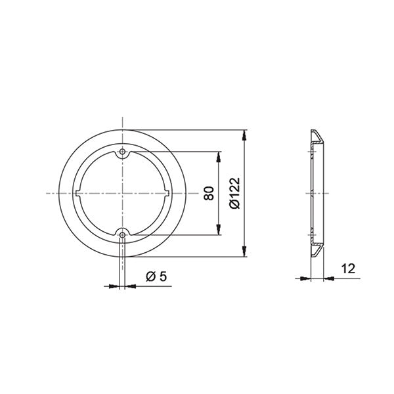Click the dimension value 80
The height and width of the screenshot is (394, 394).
click(x=209, y=193)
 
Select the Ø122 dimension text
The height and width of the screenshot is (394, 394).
click(x=235, y=193)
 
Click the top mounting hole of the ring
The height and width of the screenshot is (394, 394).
click(x=122, y=153)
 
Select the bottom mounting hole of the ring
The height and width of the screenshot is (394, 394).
click(x=122, y=233)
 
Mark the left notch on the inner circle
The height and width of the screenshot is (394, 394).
click(x=77, y=193)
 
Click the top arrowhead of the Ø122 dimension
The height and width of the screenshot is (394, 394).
click(x=245, y=134)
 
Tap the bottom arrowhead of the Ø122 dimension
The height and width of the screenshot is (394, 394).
click(x=245, y=252)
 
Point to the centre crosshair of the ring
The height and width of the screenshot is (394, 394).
click(x=122, y=193)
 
